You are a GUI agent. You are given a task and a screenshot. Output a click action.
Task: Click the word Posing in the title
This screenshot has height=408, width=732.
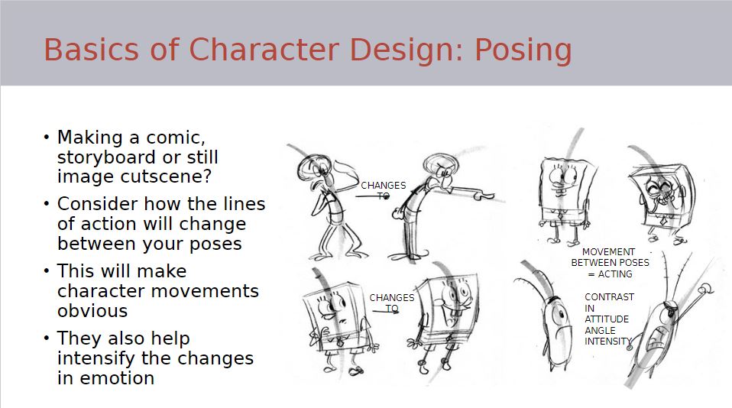[523, 50]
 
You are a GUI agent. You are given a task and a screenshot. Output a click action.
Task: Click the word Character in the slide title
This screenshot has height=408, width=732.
[264, 49]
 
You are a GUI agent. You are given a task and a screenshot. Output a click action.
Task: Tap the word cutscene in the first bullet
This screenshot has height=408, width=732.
[166, 176]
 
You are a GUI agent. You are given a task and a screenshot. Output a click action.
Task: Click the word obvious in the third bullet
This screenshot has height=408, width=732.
[92, 311]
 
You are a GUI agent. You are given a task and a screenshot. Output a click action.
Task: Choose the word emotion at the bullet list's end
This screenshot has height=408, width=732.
[117, 378]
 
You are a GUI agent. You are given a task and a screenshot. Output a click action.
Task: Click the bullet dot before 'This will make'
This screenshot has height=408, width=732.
[46, 270]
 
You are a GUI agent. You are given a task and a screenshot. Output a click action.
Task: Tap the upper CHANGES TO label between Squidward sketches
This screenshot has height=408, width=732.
[384, 191]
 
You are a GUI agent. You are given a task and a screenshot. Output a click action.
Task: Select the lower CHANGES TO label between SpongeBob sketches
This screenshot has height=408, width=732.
[392, 303]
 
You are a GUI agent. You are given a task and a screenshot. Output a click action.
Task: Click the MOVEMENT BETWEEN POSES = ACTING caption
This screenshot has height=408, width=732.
[611, 263]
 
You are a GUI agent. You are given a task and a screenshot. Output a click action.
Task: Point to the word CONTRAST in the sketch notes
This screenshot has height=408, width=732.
[609, 297]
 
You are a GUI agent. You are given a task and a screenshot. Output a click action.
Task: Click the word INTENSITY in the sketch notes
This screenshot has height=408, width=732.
[607, 342]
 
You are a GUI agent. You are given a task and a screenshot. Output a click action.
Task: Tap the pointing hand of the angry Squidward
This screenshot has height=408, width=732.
[484, 195]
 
